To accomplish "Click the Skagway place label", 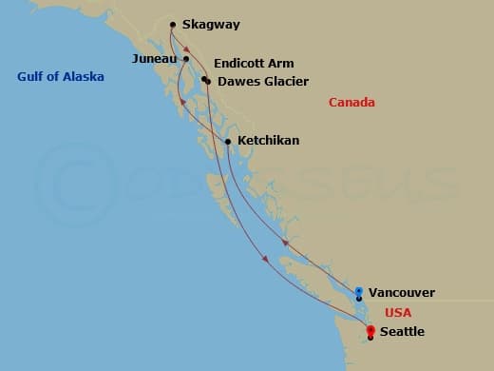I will coord(210,26).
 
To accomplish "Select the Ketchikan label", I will coord(268,141).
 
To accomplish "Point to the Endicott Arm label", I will coord(254,64).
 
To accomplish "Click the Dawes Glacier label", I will coord(263,82).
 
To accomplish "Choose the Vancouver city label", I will coord(401,293).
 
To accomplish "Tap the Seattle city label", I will coord(402,332).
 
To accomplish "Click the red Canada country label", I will coord(351,103).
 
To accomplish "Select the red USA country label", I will coord(398,313).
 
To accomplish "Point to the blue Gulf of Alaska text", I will coord(61,77).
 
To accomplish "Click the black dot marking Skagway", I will coord(172,25).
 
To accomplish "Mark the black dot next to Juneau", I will coord(186,59).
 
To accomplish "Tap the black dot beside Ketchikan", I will coord(228,143).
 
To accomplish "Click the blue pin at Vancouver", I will coord(359,291).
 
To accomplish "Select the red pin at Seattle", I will coord(370,330).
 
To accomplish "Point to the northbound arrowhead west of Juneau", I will coord(181,99).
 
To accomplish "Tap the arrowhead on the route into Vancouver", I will coord(283,244).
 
